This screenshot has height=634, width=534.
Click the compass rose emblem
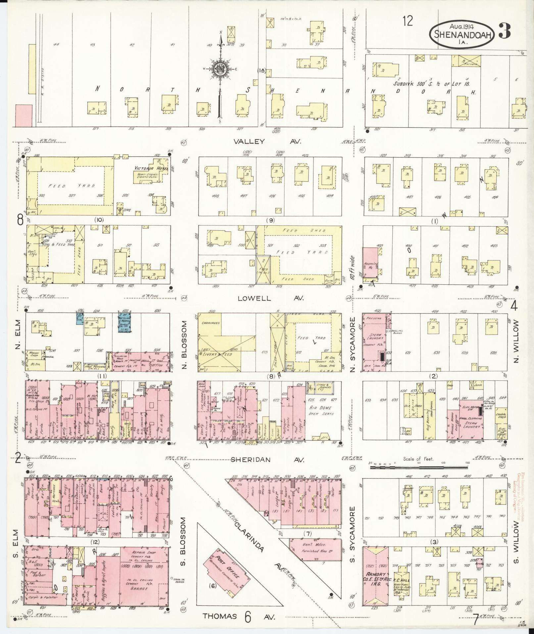(219, 69)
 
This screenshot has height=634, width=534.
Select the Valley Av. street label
(267, 142)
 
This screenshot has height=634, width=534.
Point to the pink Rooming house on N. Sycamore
(369, 262)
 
